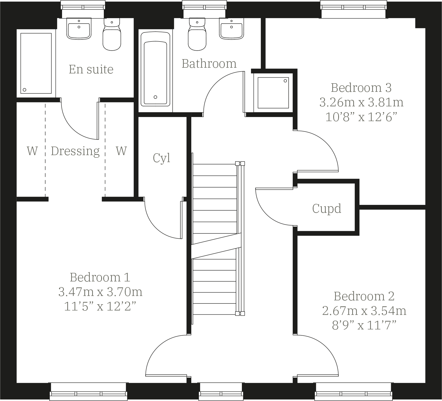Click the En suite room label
coord(91,70)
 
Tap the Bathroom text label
coord(209,64)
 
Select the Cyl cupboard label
coord(162,158)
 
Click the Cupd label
coord(327,209)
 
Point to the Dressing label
coord(75,151)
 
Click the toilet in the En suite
coord(112,36)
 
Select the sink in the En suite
coord(79,29)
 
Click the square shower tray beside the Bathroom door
coord(273,93)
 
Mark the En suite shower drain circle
coord(24,90)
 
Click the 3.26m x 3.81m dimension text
coord(361,102)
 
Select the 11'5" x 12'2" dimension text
coord(100,307)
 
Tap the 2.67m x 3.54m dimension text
coord(364,311)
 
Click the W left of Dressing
coord(32,151)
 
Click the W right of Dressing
coord(121,151)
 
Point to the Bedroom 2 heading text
coord(364,296)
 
